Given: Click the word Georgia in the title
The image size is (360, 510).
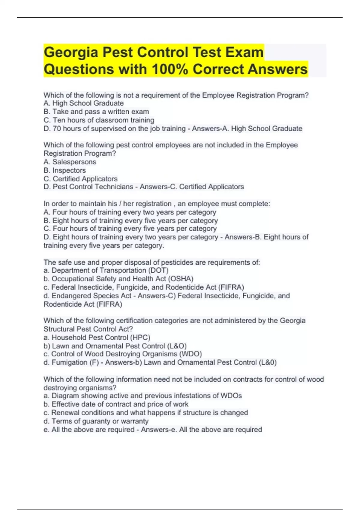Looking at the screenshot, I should pos(71,52).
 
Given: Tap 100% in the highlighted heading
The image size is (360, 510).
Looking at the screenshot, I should pos(170,70).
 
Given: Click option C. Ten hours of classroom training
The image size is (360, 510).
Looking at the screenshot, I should pos(99,120).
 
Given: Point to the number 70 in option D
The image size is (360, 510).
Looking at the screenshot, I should pos(57,129).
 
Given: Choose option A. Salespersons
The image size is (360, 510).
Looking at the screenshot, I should pos(70,162).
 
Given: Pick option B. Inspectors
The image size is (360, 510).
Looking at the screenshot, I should pos(65,170).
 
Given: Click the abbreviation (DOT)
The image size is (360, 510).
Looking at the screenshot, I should pos(158,270).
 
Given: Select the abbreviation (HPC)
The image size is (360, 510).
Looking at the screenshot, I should pos(140,337).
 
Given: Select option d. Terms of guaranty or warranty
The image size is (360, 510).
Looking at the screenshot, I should pos(96,421).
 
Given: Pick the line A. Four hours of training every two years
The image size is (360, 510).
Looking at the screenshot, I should pos(130,212).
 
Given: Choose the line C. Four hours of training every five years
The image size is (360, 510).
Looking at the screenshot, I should pos(130,229).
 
